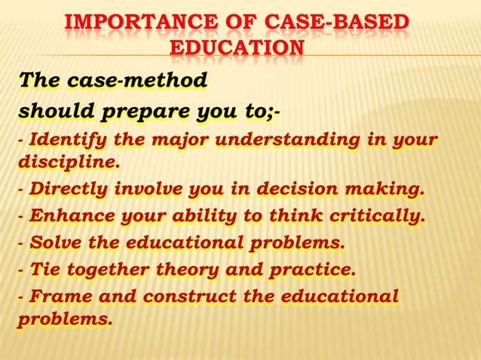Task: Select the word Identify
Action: click(x=60, y=139)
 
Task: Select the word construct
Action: click(x=190, y=297)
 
